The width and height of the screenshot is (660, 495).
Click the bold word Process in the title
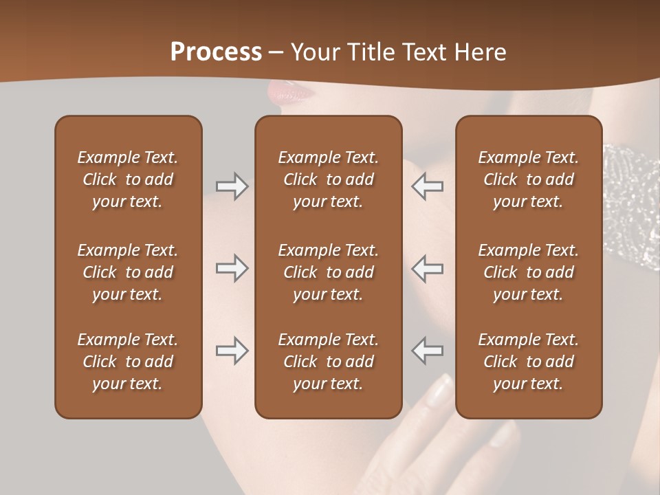tap(216, 52)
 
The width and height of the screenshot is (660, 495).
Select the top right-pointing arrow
tap(232, 186)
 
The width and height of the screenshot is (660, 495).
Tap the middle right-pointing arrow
tap(232, 268)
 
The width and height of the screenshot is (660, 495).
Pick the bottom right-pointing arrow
tap(232, 351)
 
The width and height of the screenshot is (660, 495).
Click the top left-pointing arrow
tap(428, 186)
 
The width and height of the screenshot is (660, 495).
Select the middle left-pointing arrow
tap(428, 268)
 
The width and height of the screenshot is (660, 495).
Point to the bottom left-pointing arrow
tap(428, 351)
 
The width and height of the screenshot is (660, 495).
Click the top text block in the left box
tap(128, 179)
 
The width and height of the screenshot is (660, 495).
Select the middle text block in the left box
tap(128, 272)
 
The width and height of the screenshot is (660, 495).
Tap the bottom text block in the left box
tap(128, 362)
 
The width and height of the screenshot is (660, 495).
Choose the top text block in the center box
tap(329, 179)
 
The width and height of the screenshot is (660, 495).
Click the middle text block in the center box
tap(329, 272)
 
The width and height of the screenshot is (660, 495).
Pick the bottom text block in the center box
tap(329, 362)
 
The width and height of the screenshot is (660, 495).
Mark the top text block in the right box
tap(529, 179)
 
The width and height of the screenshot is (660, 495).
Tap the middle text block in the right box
tap(529, 272)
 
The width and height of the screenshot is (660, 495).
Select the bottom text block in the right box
tap(529, 362)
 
